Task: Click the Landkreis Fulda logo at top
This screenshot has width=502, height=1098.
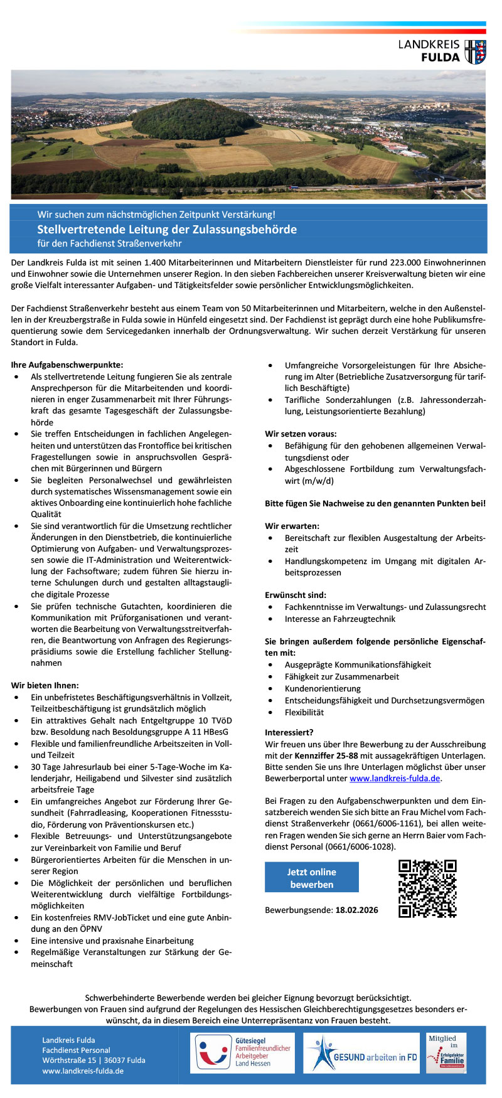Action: point(442,51)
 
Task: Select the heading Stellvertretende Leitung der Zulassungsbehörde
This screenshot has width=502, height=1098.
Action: point(166,230)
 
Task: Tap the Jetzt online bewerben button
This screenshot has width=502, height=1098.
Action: point(311,878)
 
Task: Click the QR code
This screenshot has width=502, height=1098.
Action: point(427,888)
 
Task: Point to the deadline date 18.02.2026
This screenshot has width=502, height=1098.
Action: point(356,910)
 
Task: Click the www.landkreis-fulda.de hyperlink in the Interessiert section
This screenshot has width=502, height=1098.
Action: point(395,779)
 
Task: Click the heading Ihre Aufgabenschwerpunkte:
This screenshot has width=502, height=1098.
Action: point(67,365)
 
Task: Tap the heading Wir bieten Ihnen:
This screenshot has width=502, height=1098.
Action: point(45,686)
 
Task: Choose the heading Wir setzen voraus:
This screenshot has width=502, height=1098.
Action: point(301,434)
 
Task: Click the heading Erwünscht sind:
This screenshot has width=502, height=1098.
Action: point(296,595)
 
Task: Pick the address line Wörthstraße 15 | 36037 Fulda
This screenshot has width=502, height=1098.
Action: point(93,1060)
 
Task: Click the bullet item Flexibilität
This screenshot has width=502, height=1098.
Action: point(304,712)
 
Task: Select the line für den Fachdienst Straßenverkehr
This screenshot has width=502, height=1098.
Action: point(109,243)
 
